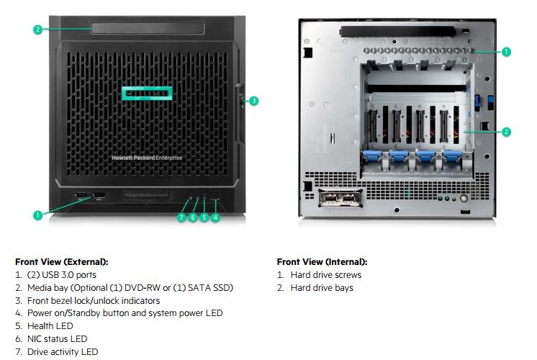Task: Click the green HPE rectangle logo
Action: point(147,94)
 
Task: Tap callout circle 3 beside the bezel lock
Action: point(253,101)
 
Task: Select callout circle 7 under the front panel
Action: point(181,217)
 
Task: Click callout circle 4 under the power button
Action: point(216,217)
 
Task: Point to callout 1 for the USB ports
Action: point(38,214)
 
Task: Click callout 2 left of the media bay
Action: point(38,30)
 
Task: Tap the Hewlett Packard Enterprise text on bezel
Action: point(147,157)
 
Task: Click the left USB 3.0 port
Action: point(81,195)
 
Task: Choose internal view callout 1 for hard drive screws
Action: point(506,52)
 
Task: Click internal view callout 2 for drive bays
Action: point(506,132)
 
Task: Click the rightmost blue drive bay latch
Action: point(451,157)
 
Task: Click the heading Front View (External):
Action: point(61,262)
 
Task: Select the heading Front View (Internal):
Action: point(322,262)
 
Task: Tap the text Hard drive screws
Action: point(325,275)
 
